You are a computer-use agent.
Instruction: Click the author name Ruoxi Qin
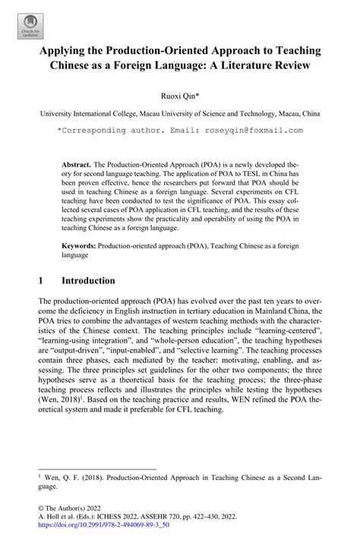click(179, 96)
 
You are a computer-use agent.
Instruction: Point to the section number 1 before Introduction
click(41, 280)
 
